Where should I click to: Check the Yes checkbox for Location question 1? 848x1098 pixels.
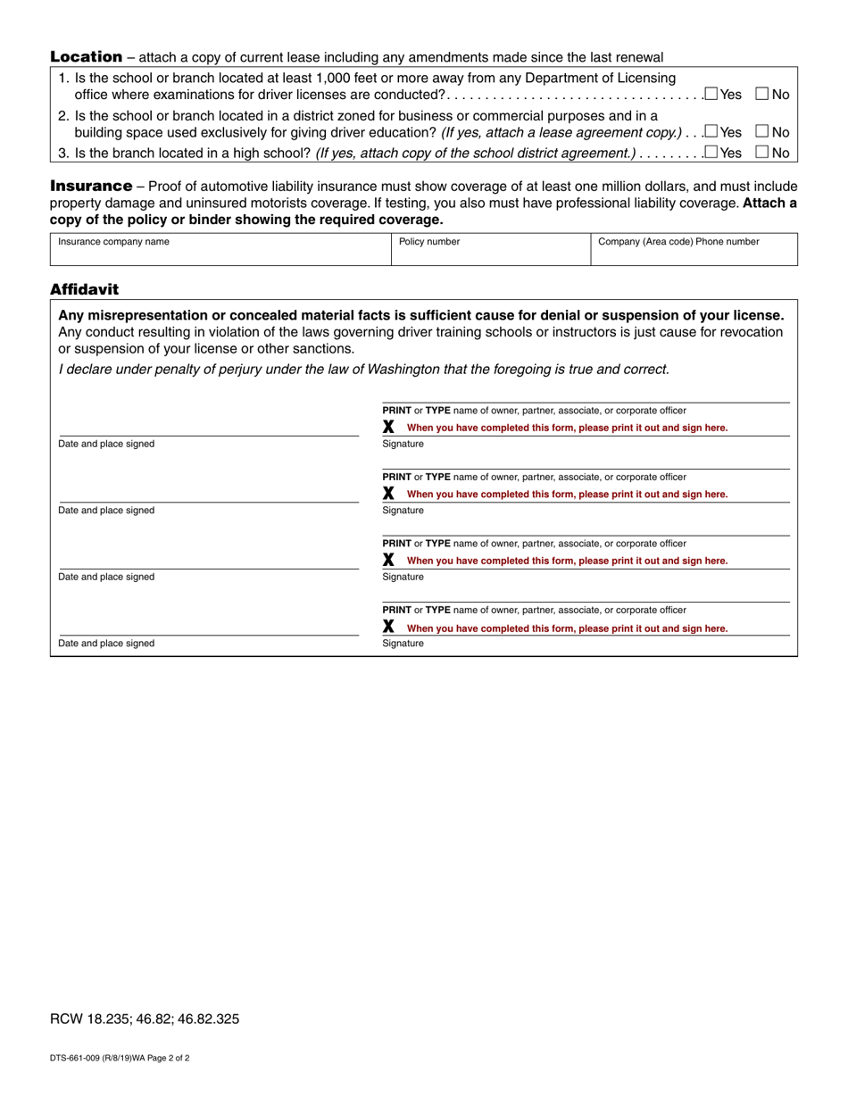point(711,94)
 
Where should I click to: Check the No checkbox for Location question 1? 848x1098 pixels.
point(762,94)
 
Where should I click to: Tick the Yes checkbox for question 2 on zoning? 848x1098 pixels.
point(711,131)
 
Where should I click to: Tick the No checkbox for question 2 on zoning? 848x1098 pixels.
point(762,131)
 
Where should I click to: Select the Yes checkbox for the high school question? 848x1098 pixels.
point(711,153)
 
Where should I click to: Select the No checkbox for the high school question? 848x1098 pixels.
point(762,153)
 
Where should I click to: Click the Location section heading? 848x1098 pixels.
point(86,57)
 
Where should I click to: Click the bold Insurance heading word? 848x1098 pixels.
point(91,187)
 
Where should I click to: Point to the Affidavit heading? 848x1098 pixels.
point(84,289)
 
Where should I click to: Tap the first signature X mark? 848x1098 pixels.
point(388,427)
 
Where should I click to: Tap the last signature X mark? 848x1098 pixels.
point(388,628)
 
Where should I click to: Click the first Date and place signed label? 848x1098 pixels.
point(106,444)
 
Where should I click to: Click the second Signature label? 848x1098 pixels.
point(403,511)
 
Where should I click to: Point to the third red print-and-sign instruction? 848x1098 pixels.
point(567,561)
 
